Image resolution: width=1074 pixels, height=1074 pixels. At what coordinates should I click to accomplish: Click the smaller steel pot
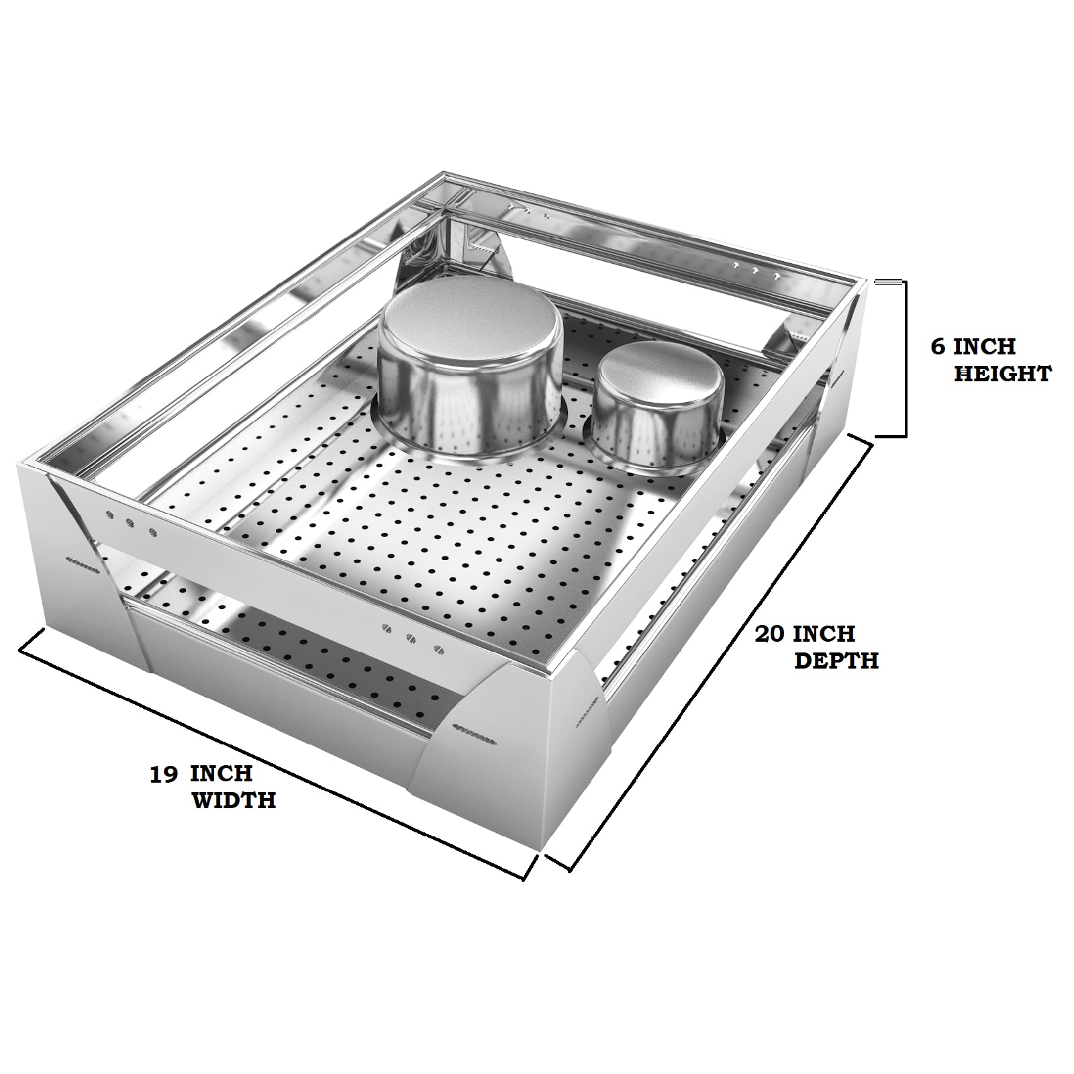pyautogui.click(x=653, y=407)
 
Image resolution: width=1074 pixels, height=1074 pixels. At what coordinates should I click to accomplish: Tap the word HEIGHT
pyautogui.click(x=1002, y=373)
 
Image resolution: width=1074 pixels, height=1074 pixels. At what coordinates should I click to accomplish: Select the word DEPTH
pyautogui.click(x=836, y=661)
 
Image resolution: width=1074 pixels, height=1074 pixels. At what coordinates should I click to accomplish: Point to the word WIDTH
pyautogui.click(x=234, y=800)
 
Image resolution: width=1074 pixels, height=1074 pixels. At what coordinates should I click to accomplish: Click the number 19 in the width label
pyautogui.click(x=164, y=774)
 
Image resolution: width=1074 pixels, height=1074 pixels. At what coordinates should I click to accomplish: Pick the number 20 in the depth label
pyautogui.click(x=771, y=634)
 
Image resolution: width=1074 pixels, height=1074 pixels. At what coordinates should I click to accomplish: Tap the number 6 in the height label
pyautogui.click(x=938, y=347)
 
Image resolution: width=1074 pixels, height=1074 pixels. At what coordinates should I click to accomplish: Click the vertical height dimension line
pyautogui.click(x=906, y=358)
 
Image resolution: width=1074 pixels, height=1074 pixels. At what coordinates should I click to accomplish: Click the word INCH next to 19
pyautogui.click(x=221, y=774)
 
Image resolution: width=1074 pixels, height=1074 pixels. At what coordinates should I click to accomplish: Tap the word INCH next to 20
pyautogui.click(x=824, y=634)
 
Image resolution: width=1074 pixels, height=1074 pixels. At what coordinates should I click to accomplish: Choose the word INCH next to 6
pyautogui.click(x=984, y=347)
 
